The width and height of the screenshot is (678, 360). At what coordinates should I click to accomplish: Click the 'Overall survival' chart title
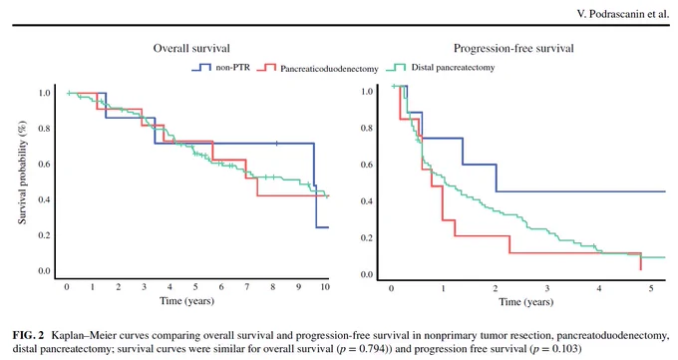(x=191, y=48)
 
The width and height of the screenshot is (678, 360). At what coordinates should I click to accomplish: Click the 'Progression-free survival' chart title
(x=513, y=48)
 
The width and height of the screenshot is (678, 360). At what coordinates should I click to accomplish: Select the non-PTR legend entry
(x=220, y=68)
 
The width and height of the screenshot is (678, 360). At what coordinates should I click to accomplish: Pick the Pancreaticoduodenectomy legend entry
(x=317, y=69)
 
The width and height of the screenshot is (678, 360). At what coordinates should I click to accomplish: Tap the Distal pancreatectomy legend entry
(x=441, y=68)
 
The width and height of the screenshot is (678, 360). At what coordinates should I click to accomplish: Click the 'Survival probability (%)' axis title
(x=22, y=173)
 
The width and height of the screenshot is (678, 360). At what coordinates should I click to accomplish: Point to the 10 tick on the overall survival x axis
(x=325, y=286)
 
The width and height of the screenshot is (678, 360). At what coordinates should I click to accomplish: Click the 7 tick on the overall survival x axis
(x=247, y=286)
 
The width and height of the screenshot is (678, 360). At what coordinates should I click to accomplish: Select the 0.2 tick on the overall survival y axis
(x=44, y=235)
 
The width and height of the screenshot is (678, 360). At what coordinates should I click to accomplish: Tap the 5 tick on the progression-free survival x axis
(x=651, y=288)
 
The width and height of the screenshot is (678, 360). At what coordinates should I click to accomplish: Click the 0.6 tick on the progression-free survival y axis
(x=367, y=165)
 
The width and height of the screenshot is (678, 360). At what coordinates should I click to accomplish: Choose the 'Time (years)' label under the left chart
(x=186, y=301)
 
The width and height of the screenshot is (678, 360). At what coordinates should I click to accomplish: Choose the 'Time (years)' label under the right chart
(x=526, y=301)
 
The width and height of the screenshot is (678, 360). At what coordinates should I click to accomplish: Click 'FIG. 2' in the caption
(x=29, y=335)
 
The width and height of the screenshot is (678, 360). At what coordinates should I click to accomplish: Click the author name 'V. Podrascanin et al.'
(x=623, y=14)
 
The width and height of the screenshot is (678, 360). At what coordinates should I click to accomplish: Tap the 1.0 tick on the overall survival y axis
(x=44, y=93)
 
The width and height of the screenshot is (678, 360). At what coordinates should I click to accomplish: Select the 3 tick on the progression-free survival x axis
(x=547, y=288)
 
